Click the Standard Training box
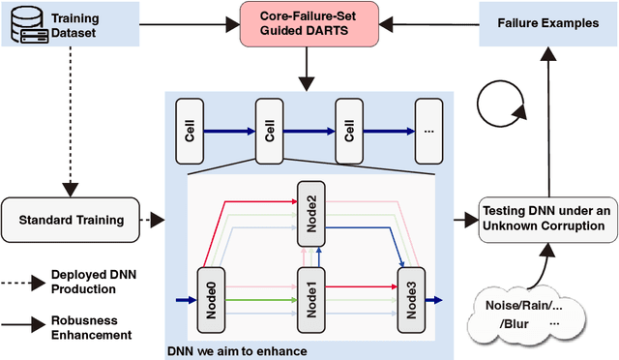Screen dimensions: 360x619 coord(71,220)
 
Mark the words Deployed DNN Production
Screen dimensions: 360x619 coord(105,283)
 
